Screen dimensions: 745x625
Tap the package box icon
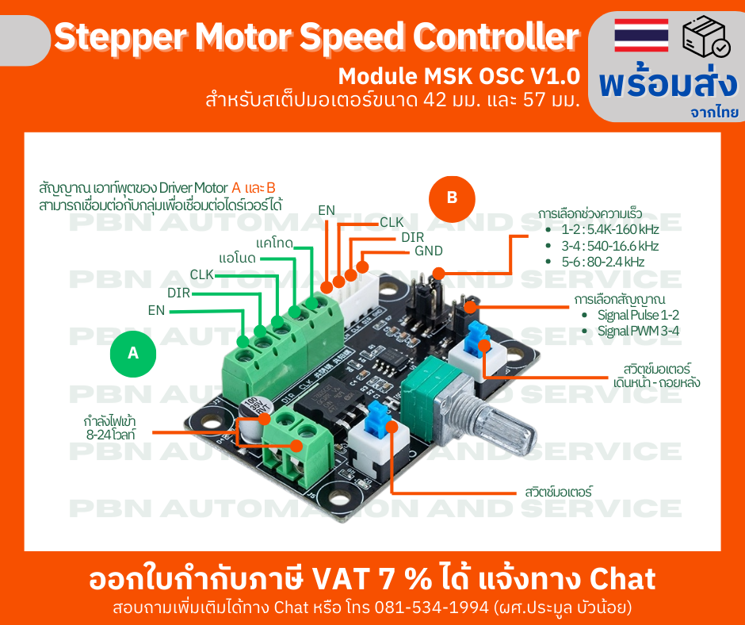705,36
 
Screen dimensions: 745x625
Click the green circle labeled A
133,354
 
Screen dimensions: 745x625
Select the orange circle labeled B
452,198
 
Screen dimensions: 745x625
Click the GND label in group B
428,251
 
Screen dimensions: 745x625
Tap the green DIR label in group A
179,293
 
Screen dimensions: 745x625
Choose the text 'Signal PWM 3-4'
638,331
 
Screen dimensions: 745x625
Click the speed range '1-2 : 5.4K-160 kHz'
610,230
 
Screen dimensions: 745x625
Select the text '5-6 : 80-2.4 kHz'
602,262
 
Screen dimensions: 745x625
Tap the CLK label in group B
392,223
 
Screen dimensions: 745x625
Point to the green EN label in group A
156,310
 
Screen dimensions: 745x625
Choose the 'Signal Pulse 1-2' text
638,315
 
